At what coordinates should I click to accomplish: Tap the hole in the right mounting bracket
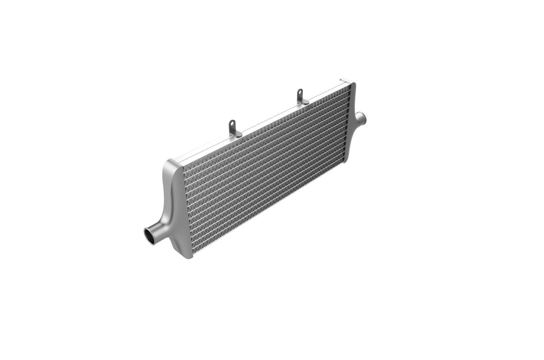[300, 92]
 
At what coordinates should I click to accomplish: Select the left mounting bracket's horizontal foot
[237, 134]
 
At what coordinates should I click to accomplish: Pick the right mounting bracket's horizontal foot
[305, 101]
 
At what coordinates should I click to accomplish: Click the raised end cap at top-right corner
[344, 80]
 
